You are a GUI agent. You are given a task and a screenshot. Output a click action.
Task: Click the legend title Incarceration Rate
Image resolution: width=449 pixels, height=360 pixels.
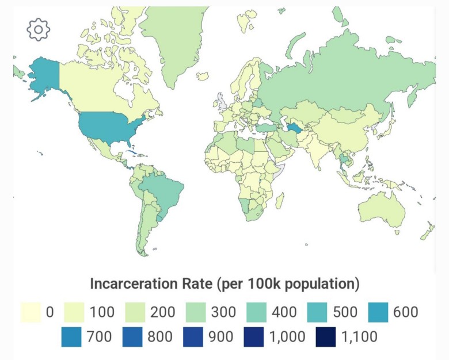[224, 284]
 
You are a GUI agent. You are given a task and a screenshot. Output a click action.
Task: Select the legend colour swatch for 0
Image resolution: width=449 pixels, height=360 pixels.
[31, 312]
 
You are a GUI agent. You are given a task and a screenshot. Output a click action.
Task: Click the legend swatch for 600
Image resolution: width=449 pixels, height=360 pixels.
[382, 312]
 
